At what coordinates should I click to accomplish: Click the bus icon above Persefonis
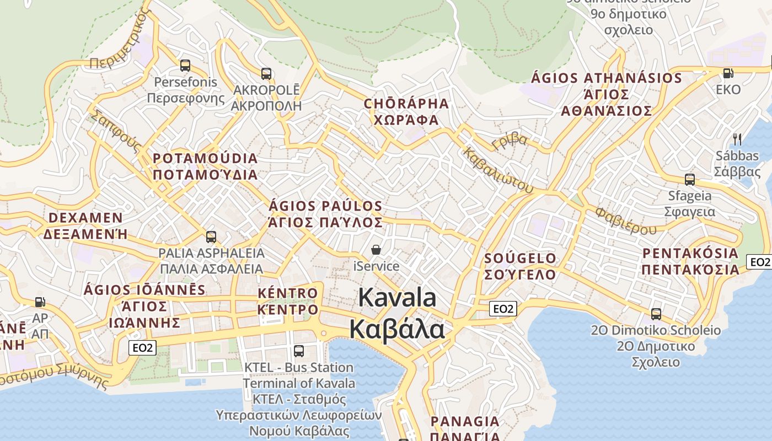tap(185, 66)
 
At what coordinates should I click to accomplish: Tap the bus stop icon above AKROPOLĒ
tap(266, 73)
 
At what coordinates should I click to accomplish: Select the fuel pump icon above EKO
tap(728, 73)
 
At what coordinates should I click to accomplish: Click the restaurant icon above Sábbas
tap(737, 139)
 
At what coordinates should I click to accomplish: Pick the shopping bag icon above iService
tap(376, 250)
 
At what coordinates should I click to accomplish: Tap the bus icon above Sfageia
tap(689, 179)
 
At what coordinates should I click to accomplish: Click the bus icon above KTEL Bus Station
tap(299, 351)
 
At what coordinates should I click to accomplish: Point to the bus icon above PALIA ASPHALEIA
tap(211, 237)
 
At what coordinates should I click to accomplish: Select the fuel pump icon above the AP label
tap(40, 302)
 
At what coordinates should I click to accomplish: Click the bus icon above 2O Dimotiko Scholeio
tap(656, 314)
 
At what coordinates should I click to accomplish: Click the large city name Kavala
tap(397, 298)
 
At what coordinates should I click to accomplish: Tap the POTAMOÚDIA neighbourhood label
tap(205, 159)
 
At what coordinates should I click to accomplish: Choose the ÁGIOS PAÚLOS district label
tap(325, 207)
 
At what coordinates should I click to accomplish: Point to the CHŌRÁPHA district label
tap(406, 104)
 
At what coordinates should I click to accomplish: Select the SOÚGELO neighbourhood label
tap(520, 259)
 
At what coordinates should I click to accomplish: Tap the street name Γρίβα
tap(510, 142)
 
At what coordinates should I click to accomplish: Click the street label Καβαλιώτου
tap(498, 170)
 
